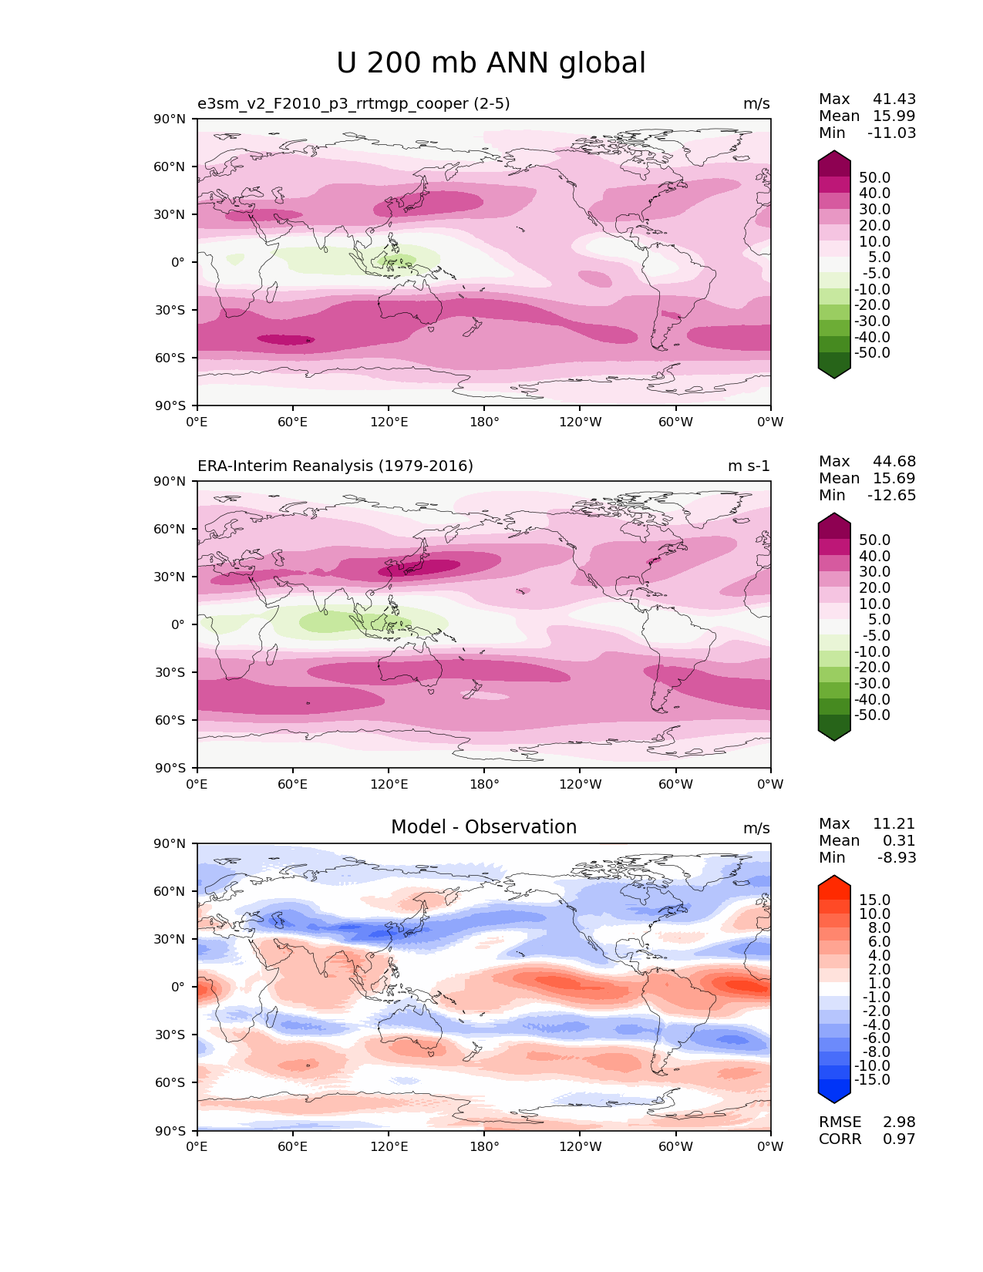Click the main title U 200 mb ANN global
click(491, 63)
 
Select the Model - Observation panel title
click(483, 827)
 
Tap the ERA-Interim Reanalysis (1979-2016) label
click(335, 466)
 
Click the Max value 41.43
click(894, 99)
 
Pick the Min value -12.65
click(892, 496)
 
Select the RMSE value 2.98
click(899, 1122)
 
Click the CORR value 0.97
click(899, 1139)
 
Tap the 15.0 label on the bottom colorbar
click(875, 900)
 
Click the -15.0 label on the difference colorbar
click(873, 1080)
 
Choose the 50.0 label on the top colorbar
click(875, 178)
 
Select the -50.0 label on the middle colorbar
click(873, 715)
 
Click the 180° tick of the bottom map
click(484, 1147)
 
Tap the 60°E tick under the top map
click(293, 422)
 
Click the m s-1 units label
click(749, 466)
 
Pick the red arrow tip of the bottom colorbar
click(834, 880)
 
